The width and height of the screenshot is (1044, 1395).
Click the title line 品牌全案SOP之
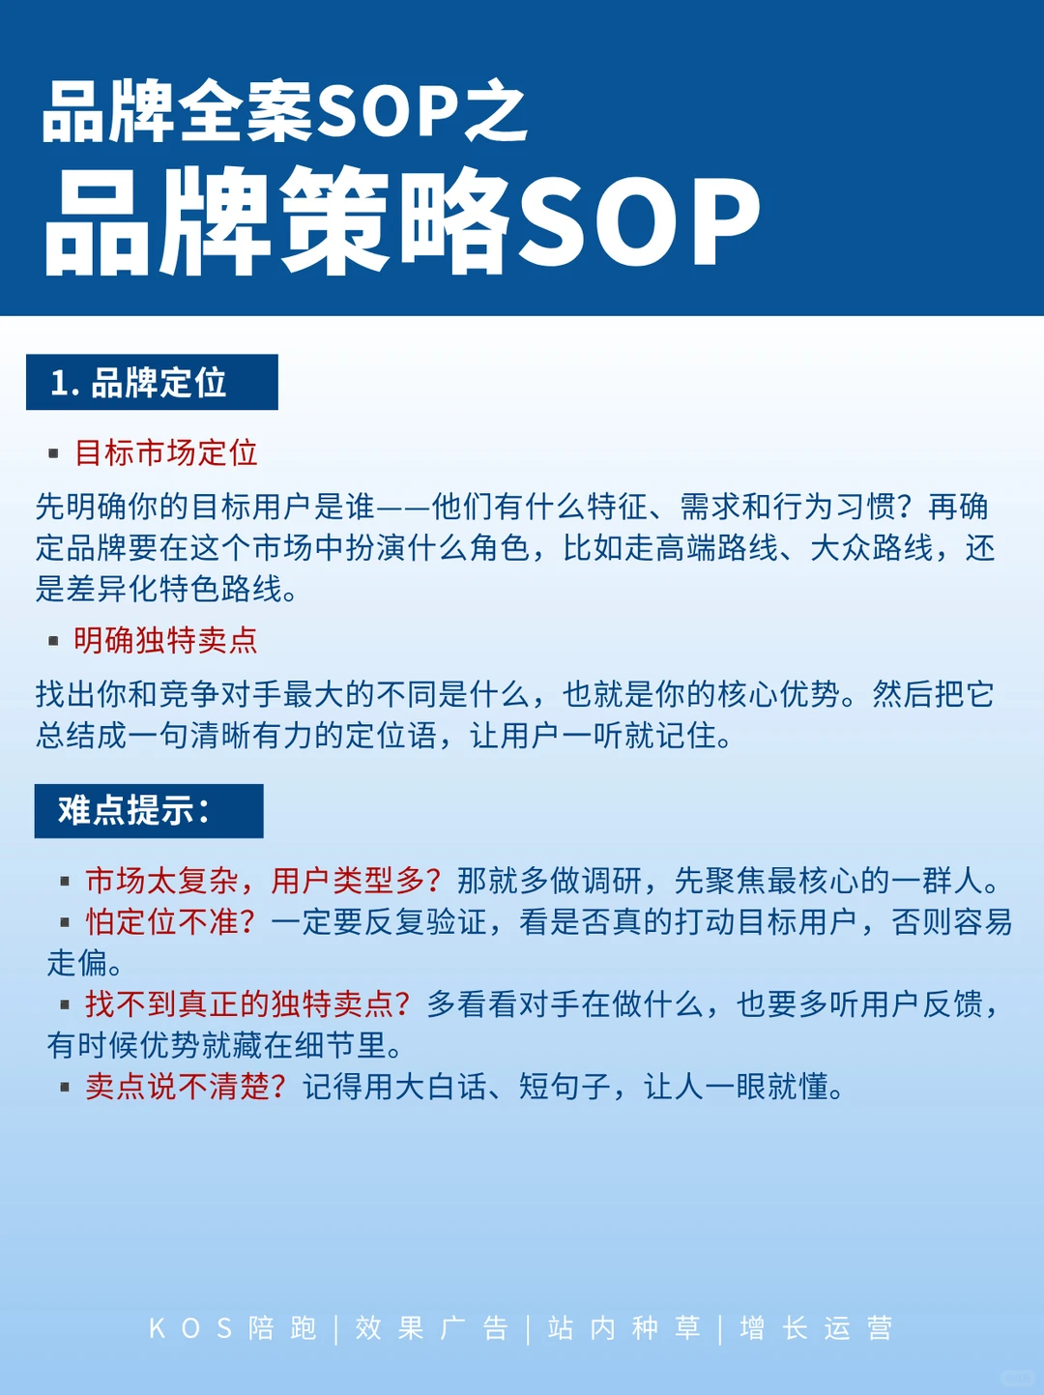[x=284, y=112]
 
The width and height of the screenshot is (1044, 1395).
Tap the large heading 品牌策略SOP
[x=402, y=220]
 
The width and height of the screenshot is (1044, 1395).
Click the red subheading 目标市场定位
[x=166, y=452]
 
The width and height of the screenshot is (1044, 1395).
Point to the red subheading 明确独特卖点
[x=166, y=640]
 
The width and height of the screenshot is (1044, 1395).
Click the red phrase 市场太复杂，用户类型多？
[x=263, y=881]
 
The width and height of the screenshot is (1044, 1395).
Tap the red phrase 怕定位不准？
[x=170, y=922]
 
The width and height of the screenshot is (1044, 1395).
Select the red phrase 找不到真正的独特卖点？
[x=247, y=1004]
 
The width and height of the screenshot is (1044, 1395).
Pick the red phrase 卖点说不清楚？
[x=186, y=1087]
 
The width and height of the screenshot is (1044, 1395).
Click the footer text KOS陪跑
[x=233, y=1328]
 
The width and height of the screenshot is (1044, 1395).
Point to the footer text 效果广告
[x=431, y=1328]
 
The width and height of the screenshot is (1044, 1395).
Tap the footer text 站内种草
[x=623, y=1328]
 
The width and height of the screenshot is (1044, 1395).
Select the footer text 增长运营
[x=816, y=1328]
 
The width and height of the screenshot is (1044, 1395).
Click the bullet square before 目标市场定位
[x=54, y=453]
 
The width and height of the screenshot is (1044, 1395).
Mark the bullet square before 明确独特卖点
[x=54, y=641]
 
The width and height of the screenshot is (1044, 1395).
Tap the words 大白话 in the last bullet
[x=426, y=1087]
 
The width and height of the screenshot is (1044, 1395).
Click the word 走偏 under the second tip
[x=77, y=963]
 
